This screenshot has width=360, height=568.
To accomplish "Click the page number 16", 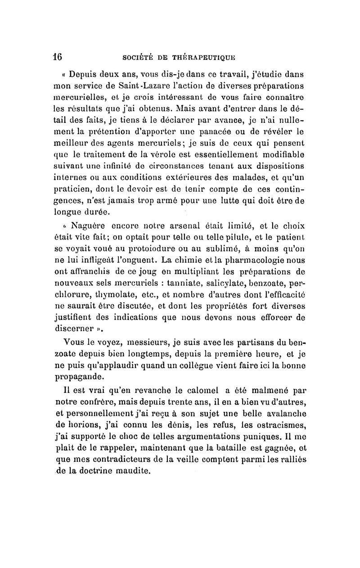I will tap(57, 58).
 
